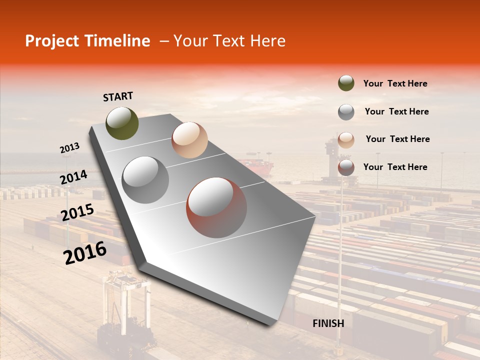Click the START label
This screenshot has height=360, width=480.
click(x=118, y=96)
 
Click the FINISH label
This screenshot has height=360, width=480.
click(x=328, y=323)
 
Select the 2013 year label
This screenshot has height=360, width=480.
click(x=69, y=148)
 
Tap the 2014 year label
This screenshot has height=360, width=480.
click(x=73, y=177)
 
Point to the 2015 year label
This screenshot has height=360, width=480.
click(x=77, y=212)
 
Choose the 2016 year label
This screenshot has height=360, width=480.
click(x=85, y=252)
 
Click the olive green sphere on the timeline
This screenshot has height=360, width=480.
click(x=122, y=123)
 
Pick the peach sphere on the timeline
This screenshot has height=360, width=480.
click(x=189, y=140)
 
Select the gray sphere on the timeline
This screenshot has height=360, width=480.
click(x=145, y=180)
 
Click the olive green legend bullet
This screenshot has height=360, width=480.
click(x=346, y=83)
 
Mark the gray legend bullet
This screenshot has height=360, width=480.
click(x=346, y=111)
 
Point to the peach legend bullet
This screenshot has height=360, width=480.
click(x=346, y=139)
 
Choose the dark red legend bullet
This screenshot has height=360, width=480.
click(x=346, y=167)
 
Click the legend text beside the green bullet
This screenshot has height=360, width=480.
click(x=395, y=83)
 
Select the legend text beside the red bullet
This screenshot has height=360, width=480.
click(x=395, y=167)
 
